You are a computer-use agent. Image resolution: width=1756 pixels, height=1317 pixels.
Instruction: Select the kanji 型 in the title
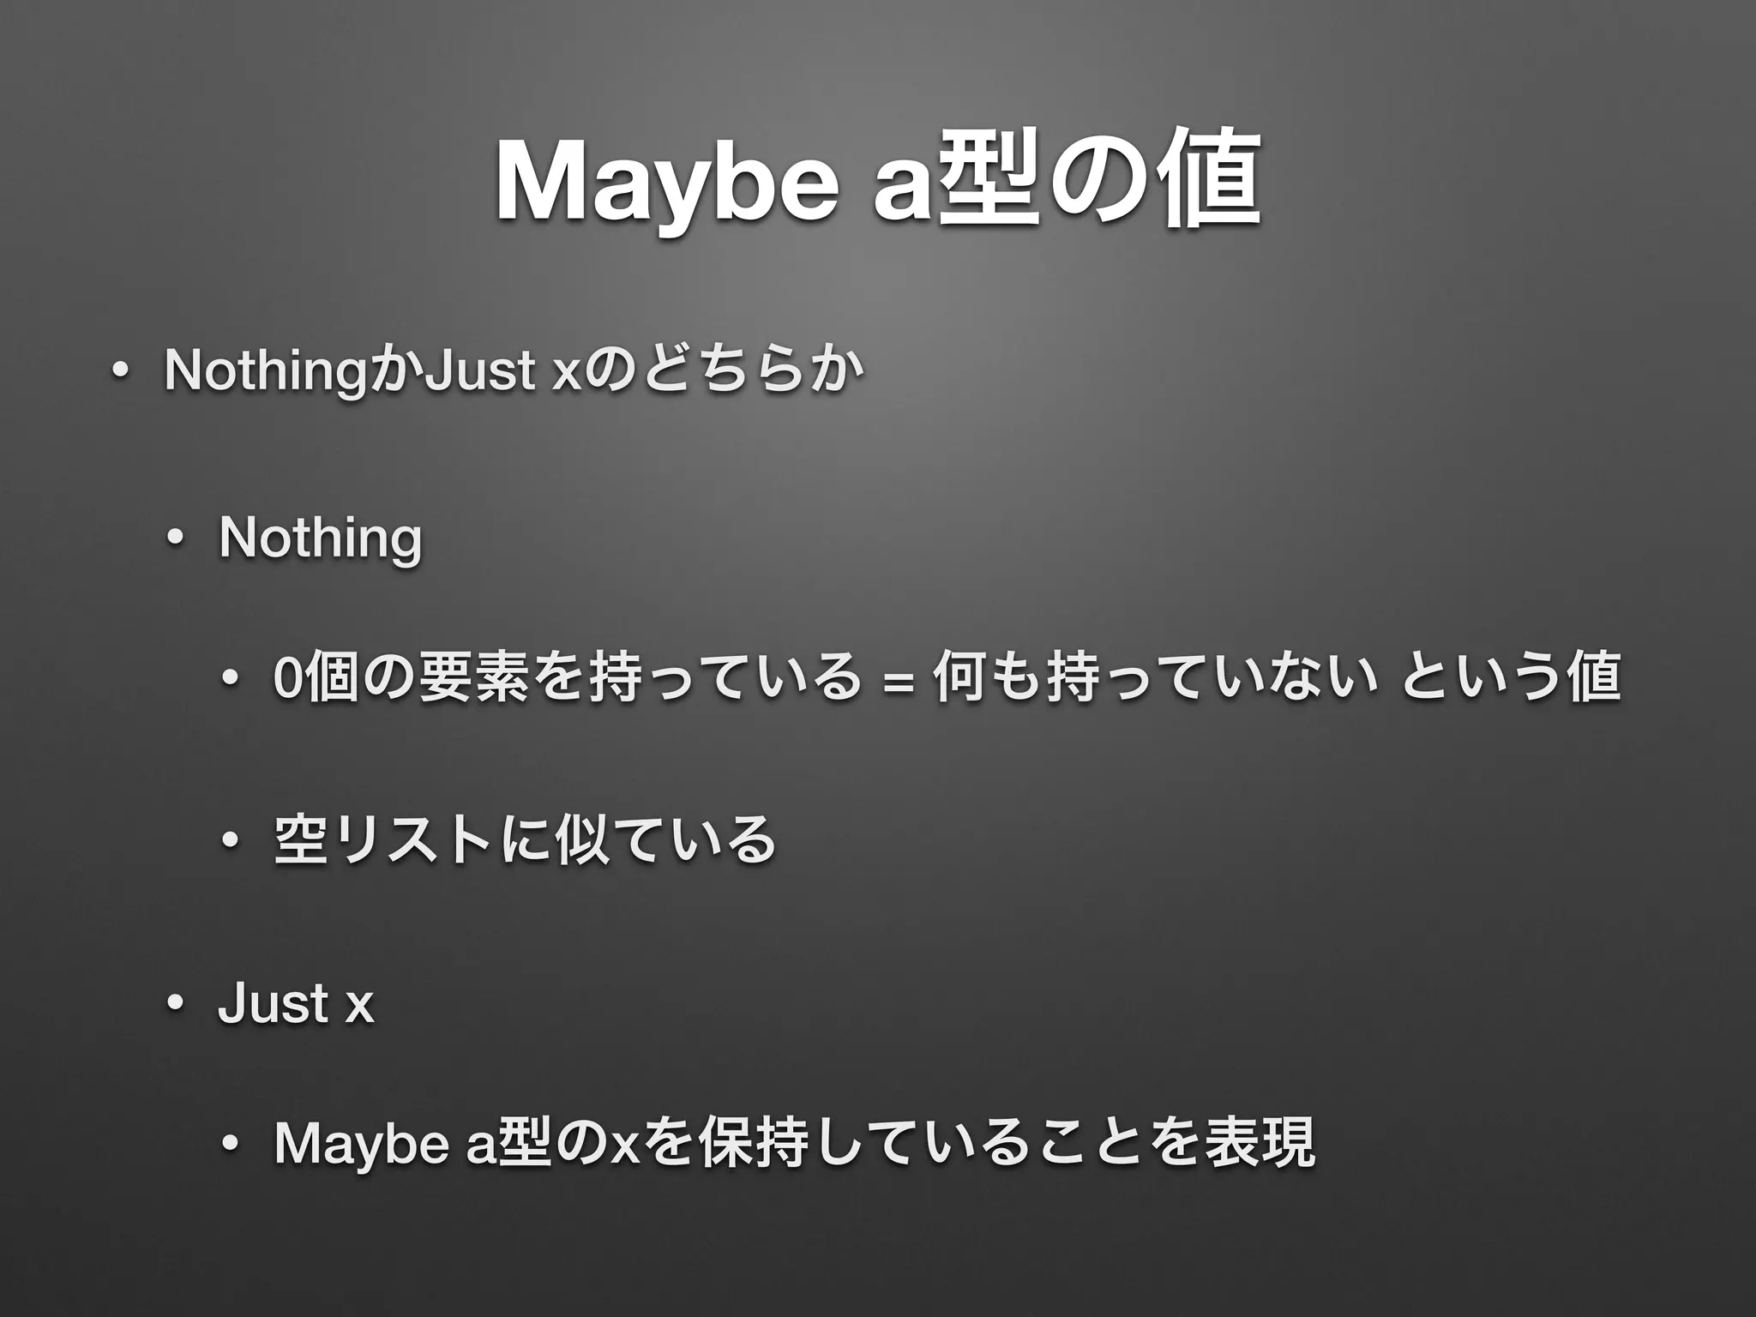coord(990,180)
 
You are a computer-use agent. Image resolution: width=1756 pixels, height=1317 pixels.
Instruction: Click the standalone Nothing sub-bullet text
coord(320,538)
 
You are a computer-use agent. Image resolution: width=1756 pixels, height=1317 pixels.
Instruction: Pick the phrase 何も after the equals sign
coord(986,677)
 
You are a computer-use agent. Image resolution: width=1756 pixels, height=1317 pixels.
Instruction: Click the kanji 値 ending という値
coord(1595,677)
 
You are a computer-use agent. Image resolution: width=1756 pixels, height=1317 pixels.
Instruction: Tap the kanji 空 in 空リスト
coord(299,839)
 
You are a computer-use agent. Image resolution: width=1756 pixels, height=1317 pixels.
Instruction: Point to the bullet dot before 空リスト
coord(230,841)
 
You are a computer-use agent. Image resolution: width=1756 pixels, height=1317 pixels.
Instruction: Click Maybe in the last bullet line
coord(361,1144)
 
